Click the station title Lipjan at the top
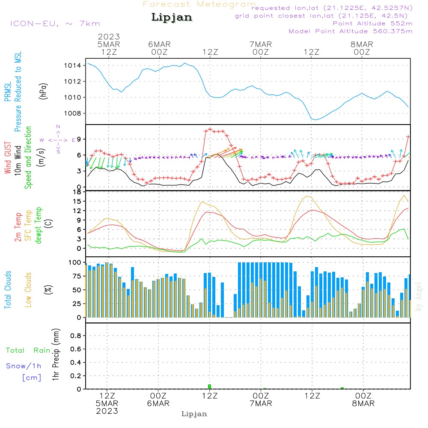[x=172, y=18]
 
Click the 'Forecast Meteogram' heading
[x=199, y=5]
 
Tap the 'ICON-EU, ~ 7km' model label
[x=55, y=24]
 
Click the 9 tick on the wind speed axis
[x=79, y=139]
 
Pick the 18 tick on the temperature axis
[x=77, y=192]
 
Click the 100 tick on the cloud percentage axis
[x=75, y=262]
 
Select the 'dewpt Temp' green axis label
[x=39, y=226]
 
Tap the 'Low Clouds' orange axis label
[x=28, y=289]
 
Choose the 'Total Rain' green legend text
[x=28, y=351]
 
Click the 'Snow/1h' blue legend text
[x=24, y=366]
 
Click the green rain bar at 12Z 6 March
[x=210, y=386]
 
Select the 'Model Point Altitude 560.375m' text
[x=351, y=31]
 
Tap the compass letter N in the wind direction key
[x=58, y=127]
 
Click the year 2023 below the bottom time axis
[x=107, y=411]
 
